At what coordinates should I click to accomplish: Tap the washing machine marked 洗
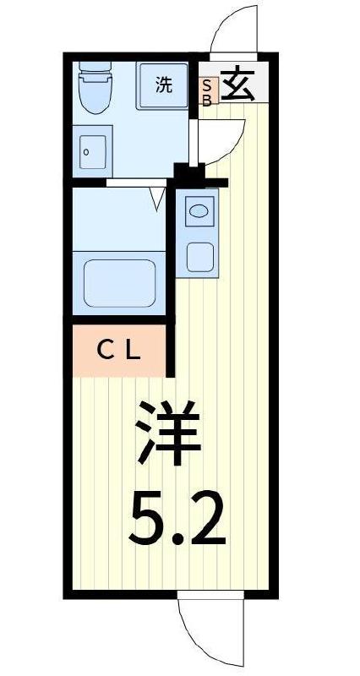point(163,84)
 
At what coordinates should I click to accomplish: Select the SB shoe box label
point(208,90)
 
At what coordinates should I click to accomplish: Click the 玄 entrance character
point(239,85)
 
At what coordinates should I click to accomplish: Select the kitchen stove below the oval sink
point(199,256)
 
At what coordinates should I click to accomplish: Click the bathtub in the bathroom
point(119,281)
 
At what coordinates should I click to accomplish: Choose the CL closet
point(118,351)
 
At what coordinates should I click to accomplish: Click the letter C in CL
point(104,351)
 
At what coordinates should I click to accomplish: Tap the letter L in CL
point(133,351)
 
